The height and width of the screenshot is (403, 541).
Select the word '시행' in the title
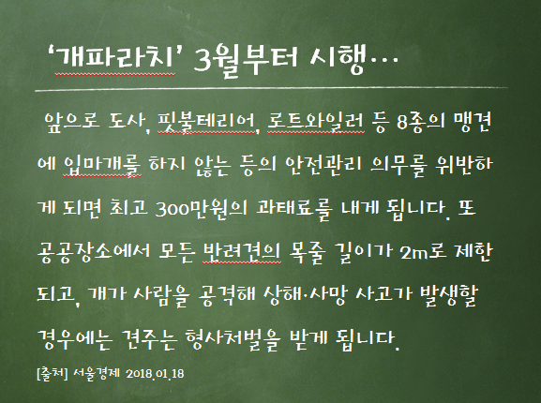coord(338,60)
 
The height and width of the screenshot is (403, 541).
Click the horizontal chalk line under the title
coord(271,89)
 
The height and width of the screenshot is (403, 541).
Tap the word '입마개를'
coord(102,165)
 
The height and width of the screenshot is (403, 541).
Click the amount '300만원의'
coord(202,208)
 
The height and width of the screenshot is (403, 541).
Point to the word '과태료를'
coord(294,208)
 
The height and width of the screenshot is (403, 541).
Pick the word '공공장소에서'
coord(94,251)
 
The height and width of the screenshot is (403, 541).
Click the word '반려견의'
coord(242,251)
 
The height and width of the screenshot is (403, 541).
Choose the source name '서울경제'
coord(97,374)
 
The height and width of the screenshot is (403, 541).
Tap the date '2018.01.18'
coord(155,374)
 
